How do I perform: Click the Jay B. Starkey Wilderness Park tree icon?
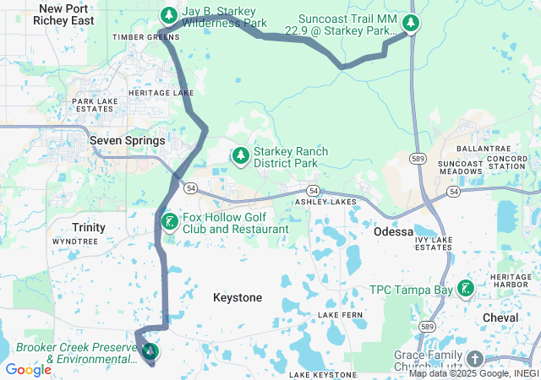point(168,14)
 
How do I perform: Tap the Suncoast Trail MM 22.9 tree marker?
point(411,23)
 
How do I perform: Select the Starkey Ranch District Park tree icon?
point(241,155)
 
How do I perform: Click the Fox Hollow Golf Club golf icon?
point(170,222)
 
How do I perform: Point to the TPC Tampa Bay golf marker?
point(464,290)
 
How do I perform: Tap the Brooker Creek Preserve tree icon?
point(150,350)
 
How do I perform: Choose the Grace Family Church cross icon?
point(474,359)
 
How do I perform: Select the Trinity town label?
point(89,227)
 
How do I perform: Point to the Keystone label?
point(238,297)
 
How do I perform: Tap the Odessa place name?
point(394,231)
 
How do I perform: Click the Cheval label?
point(500,317)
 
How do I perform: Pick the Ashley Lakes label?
point(325,203)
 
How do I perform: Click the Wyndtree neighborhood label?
point(75,241)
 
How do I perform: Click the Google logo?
point(28,369)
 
